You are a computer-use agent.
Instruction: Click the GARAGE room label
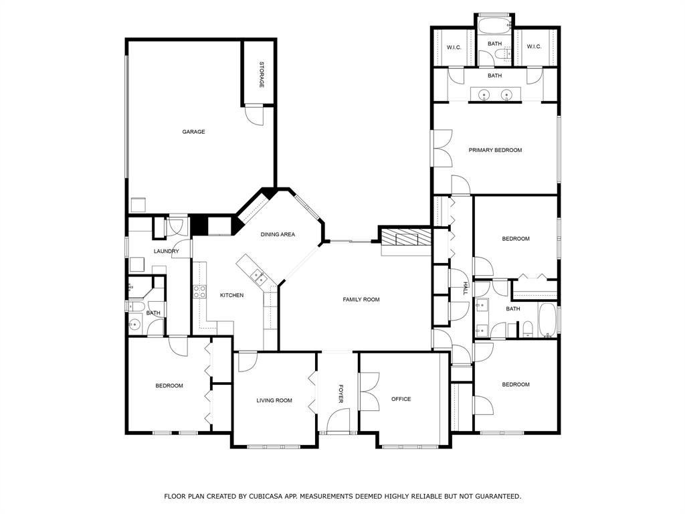[193, 132]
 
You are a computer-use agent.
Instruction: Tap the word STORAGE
[262, 75]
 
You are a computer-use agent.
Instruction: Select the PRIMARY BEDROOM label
[496, 150]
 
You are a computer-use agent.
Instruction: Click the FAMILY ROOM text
[361, 299]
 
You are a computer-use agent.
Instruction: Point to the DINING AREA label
[278, 234]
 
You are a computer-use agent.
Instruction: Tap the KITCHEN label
[231, 295]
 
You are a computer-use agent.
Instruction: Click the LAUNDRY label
[167, 252]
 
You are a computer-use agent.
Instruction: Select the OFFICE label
[401, 399]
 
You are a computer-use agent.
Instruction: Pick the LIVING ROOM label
[274, 400]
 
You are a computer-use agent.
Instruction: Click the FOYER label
[341, 394]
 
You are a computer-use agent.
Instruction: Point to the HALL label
[466, 288]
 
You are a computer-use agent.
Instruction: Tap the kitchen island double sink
[256, 276]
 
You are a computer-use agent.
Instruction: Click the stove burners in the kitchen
[199, 292]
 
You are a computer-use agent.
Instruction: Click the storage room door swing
[255, 115]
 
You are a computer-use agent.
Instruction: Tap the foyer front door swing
[338, 420]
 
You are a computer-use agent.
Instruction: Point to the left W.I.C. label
[454, 48]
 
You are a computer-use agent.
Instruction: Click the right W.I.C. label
[534, 47]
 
